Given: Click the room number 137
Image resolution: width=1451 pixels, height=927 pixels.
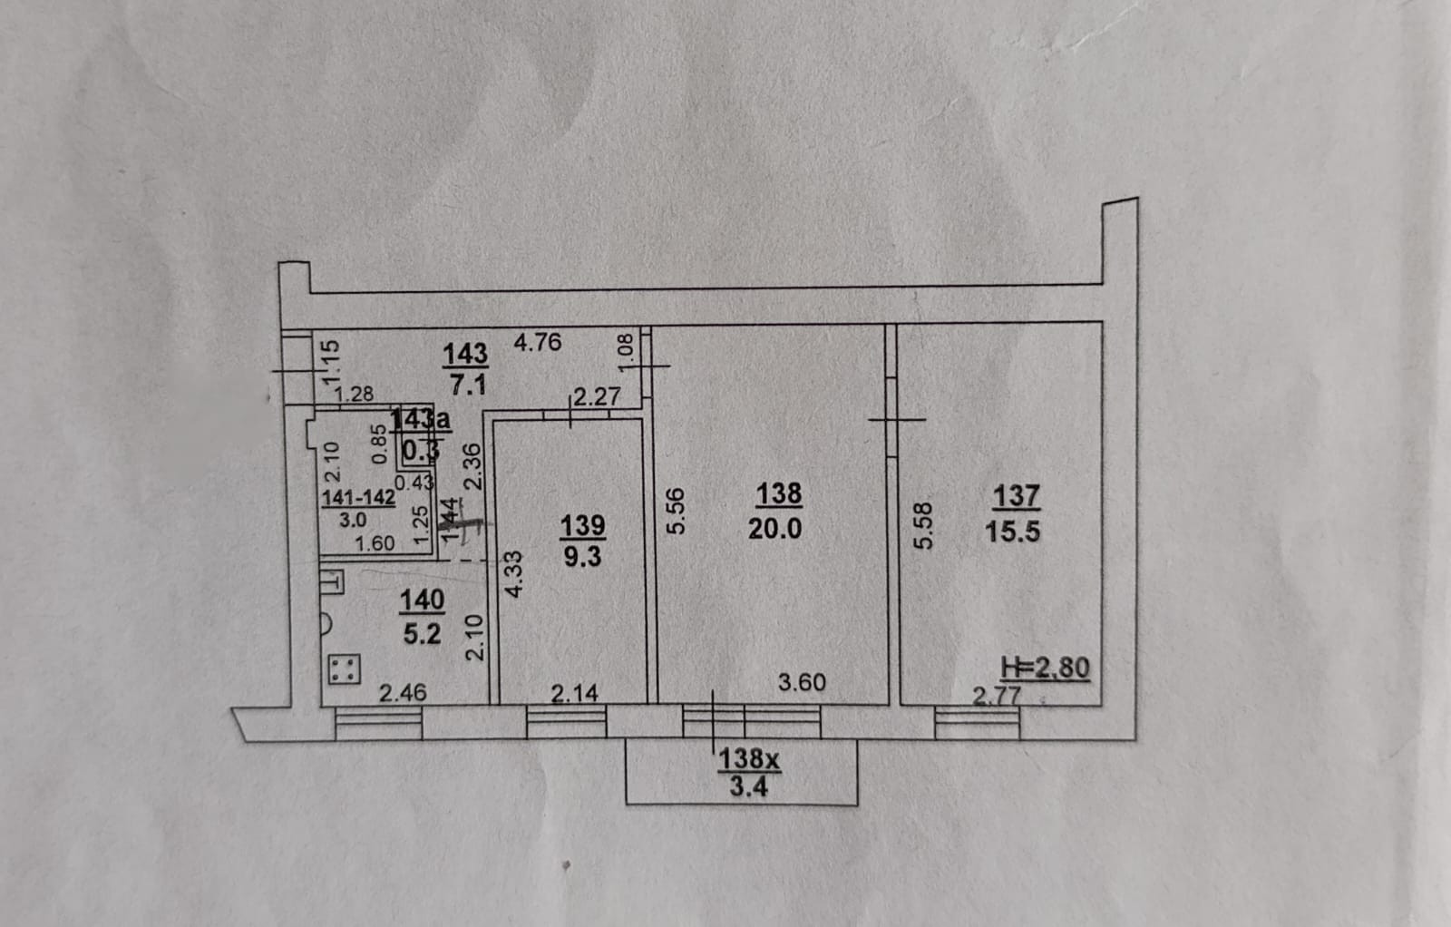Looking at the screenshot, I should pos(1016,495).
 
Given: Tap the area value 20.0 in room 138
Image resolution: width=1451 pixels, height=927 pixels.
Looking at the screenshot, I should pos(774,528).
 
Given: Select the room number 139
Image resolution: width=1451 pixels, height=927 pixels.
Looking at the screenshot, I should pos(582,524).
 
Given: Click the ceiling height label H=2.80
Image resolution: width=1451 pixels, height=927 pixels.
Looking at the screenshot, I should pos(1045,668).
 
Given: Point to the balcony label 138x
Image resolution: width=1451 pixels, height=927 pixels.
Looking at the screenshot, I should pos(749,758).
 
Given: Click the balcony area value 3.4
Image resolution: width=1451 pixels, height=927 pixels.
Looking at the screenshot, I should pos(748,787).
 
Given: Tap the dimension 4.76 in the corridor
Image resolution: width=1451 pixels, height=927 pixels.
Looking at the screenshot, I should pos(538,342).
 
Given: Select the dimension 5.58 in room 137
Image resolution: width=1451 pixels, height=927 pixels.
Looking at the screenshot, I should pos(923,526).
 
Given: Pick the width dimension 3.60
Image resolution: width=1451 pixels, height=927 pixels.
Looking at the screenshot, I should pos(802,681).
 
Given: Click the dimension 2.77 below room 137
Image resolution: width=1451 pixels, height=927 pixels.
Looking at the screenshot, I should pos(997,696).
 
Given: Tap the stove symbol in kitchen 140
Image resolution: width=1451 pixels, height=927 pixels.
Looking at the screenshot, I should pos(343,669).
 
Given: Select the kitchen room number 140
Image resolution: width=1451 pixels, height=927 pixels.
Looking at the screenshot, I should pos(422,600).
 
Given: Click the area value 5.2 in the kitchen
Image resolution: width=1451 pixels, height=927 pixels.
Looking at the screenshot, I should pos(422,633).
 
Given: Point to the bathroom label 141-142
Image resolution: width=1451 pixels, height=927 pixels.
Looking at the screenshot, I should pos(358,497).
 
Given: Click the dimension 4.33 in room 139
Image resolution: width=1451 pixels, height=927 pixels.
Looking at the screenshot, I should pos(513,573).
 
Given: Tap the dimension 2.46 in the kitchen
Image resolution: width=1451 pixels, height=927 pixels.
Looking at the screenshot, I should pos(403,693).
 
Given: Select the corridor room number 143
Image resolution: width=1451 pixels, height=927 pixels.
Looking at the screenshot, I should pos(465,352).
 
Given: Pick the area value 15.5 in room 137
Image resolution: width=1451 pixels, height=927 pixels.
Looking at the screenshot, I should pos(1013,532).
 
